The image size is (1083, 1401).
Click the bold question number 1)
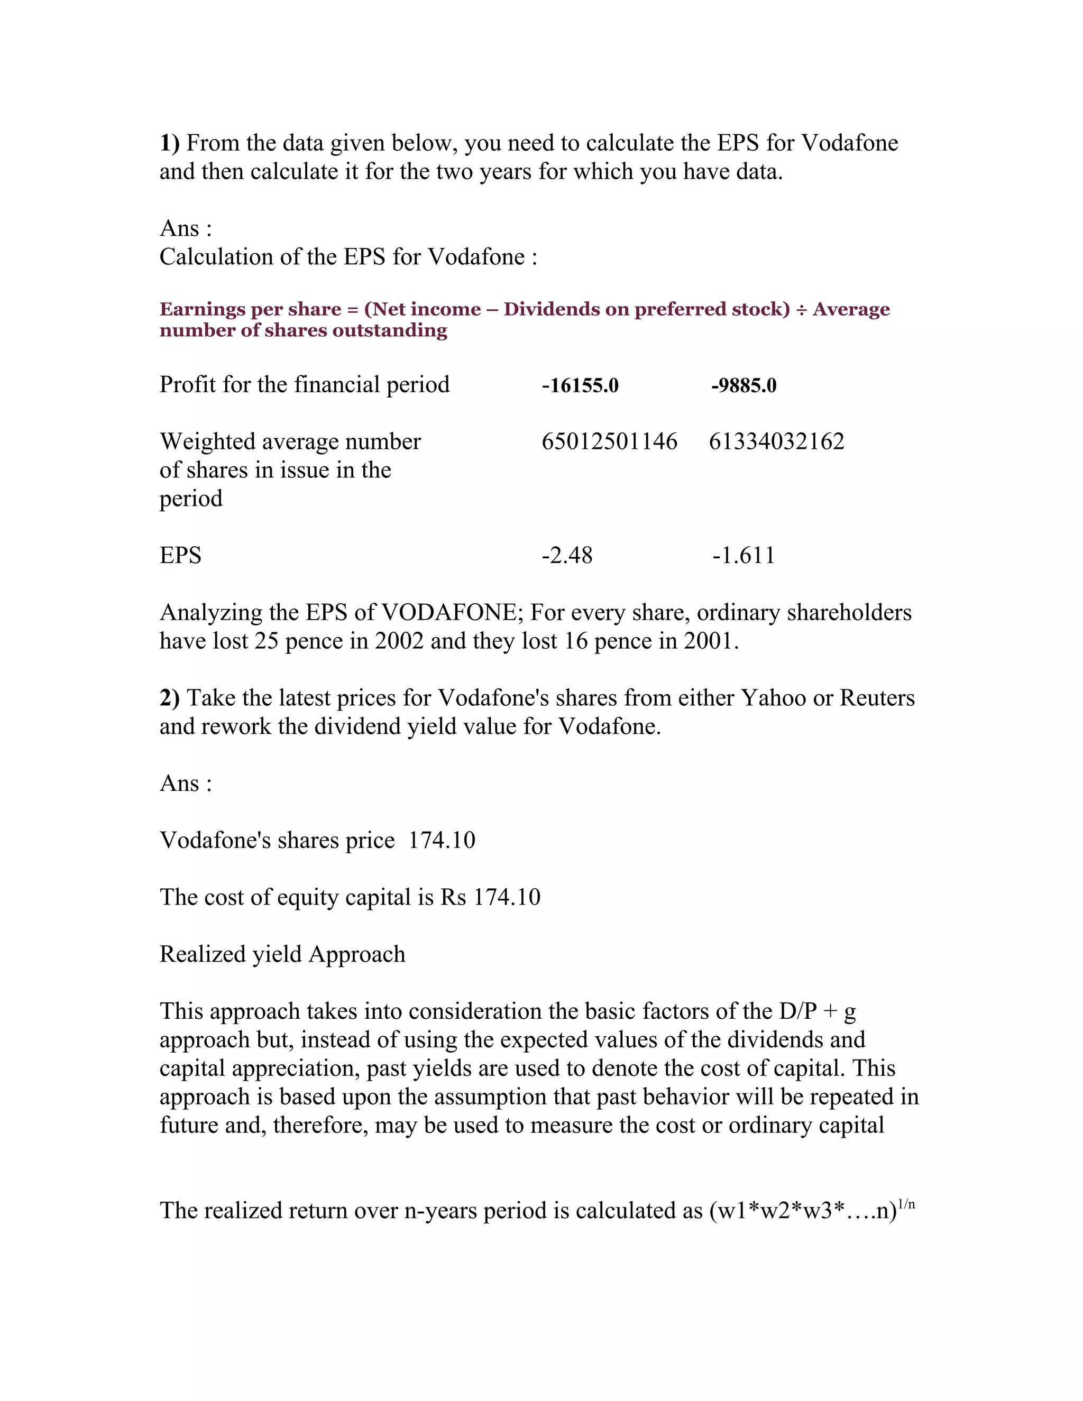169,142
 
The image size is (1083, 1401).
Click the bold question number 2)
169,697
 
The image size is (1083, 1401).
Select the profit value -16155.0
580,385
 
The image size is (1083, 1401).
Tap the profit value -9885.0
744,385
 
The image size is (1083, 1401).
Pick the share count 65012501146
609,441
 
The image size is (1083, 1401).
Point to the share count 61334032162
776,441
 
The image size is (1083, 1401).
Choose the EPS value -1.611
744,555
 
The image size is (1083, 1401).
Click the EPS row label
180,555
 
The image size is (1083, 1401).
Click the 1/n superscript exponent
906,1204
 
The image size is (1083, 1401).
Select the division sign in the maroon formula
801,309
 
